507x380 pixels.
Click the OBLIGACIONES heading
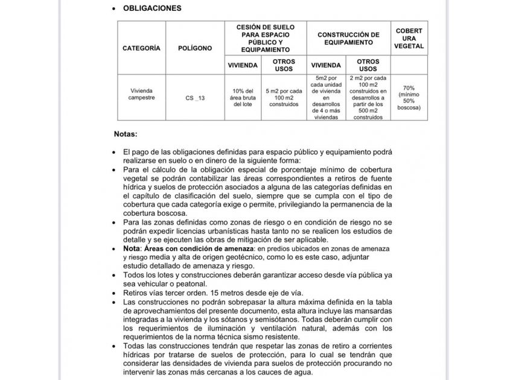click(x=151, y=8)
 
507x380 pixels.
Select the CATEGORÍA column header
click(x=141, y=48)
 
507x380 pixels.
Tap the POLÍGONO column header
click(x=195, y=48)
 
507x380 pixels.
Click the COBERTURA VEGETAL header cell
click(x=409, y=39)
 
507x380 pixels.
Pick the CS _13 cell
click(x=195, y=97)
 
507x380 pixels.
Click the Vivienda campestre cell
click(x=141, y=93)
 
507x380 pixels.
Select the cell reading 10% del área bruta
click(x=242, y=97)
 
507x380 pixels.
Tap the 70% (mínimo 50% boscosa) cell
click(x=409, y=97)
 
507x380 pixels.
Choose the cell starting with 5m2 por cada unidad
click(x=325, y=97)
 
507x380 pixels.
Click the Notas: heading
click(x=126, y=133)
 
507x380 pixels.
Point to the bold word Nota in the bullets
click(x=133, y=249)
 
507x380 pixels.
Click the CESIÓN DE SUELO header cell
click(x=265, y=39)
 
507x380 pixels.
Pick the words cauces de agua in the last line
click(x=285, y=372)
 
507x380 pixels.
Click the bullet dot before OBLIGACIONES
click(x=114, y=9)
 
